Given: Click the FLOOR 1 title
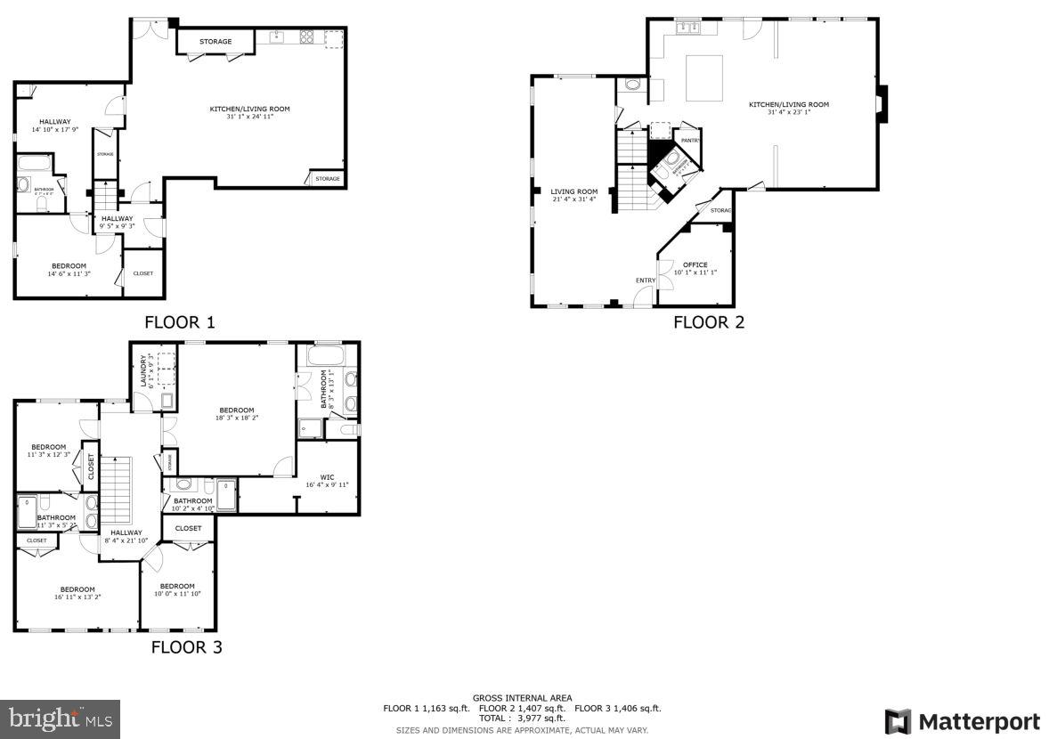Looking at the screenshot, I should click(179, 322).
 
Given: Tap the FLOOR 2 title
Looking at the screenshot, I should click(708, 322).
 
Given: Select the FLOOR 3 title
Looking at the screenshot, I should click(185, 647).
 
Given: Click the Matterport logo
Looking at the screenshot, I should click(963, 720).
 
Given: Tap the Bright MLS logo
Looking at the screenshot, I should click(60, 719).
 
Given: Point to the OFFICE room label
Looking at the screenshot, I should click(695, 264).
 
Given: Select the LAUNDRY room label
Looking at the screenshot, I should click(142, 371).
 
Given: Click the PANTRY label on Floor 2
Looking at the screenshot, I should click(690, 141).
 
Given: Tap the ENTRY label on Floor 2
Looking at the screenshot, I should click(645, 281).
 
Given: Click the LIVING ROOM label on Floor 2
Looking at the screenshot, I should click(573, 191).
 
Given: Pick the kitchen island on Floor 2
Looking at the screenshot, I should click(703, 77).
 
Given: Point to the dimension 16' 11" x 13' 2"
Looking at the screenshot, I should click(77, 597).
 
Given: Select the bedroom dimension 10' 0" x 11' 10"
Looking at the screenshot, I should click(177, 594).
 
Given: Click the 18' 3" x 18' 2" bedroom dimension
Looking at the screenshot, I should click(236, 418).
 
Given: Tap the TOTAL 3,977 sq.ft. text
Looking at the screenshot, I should click(522, 718).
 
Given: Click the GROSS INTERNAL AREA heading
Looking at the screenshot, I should click(522, 698).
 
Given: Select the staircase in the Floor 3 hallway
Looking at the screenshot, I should click(116, 490).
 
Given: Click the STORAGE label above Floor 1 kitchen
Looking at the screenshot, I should click(215, 42).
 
